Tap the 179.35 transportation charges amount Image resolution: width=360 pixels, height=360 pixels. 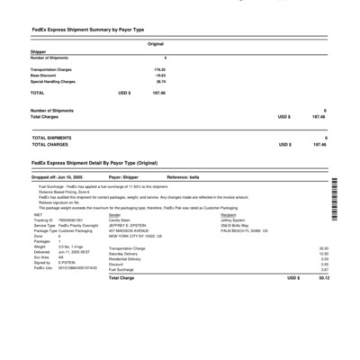(160, 67)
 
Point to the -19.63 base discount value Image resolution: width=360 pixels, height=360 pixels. (160, 75)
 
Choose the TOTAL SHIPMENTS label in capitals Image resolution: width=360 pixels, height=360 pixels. (54, 137)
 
